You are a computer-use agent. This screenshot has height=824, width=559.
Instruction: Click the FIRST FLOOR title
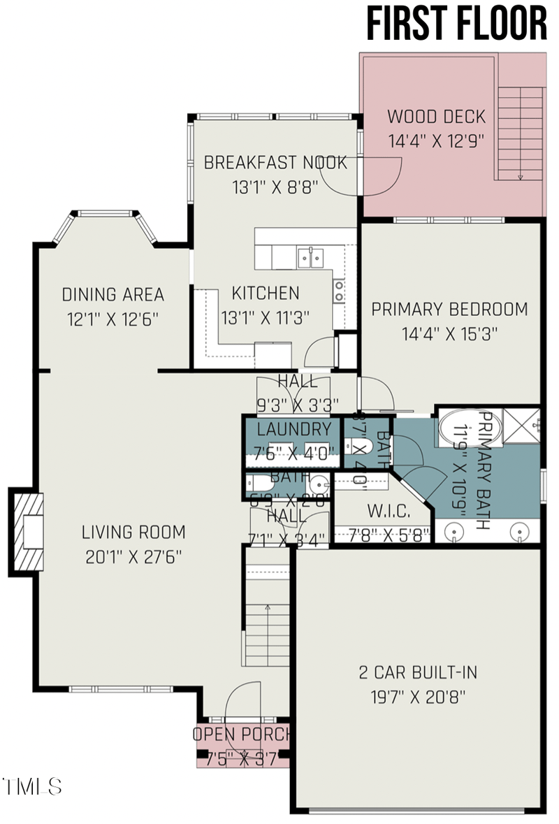[457, 24]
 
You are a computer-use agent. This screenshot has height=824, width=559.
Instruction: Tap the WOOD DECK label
[436, 116]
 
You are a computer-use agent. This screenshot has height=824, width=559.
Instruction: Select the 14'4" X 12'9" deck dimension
[437, 140]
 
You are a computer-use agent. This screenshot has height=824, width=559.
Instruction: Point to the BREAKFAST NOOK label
[275, 163]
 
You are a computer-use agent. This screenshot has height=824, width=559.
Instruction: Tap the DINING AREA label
[113, 294]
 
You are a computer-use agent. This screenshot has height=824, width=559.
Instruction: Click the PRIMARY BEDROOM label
[449, 309]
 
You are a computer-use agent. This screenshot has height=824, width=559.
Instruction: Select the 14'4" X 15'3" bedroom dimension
[449, 333]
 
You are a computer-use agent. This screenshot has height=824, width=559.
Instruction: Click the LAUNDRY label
[293, 429]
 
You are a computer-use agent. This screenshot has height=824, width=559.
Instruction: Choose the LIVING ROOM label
[133, 533]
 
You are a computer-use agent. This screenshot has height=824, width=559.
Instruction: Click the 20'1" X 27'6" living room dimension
[133, 557]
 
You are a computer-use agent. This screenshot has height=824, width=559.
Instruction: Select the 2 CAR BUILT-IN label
[418, 673]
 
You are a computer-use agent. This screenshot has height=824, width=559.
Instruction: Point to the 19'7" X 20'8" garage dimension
[418, 697]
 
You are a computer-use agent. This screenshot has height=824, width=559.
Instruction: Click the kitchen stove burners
[339, 291]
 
